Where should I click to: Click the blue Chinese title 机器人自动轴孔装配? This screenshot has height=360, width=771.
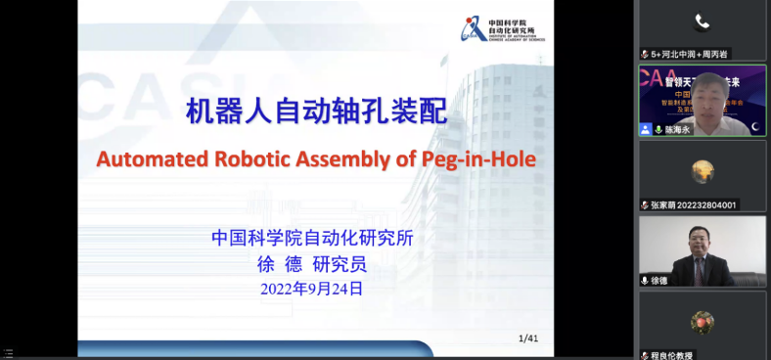click(316, 112)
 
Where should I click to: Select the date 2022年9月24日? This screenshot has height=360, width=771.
click(311, 289)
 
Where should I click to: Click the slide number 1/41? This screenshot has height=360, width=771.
click(528, 338)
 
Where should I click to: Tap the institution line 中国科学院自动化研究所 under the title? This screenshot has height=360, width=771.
click(312, 238)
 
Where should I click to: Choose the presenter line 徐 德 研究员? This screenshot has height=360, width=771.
click(311, 264)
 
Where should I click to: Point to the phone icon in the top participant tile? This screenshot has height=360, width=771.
click(702, 22)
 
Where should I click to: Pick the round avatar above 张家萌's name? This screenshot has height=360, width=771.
click(702, 171)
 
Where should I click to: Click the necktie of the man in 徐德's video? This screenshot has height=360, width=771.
click(701, 269)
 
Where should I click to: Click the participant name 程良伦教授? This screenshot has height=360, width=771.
click(671, 355)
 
